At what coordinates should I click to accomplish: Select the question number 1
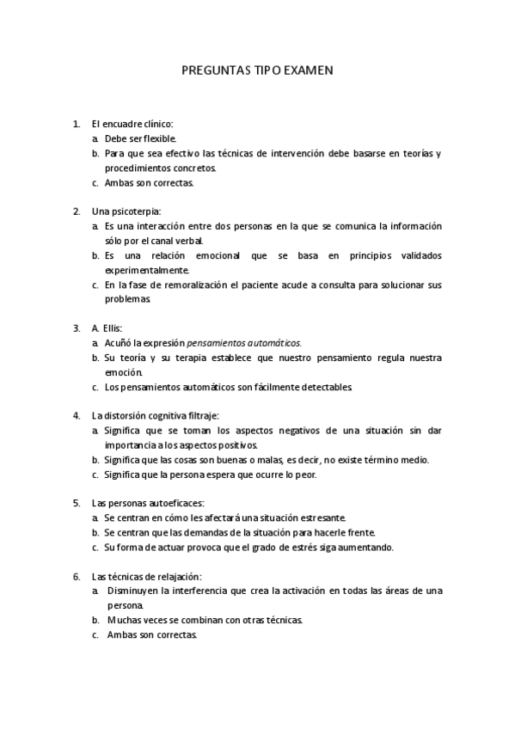coord(77,124)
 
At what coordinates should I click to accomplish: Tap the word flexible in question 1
coord(160,138)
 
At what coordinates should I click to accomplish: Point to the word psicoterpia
coord(137,211)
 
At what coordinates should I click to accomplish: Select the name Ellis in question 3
coord(112,328)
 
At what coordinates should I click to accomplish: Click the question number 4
coord(77,415)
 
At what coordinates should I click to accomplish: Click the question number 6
coord(77,576)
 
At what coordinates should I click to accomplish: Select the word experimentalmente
coord(145,270)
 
